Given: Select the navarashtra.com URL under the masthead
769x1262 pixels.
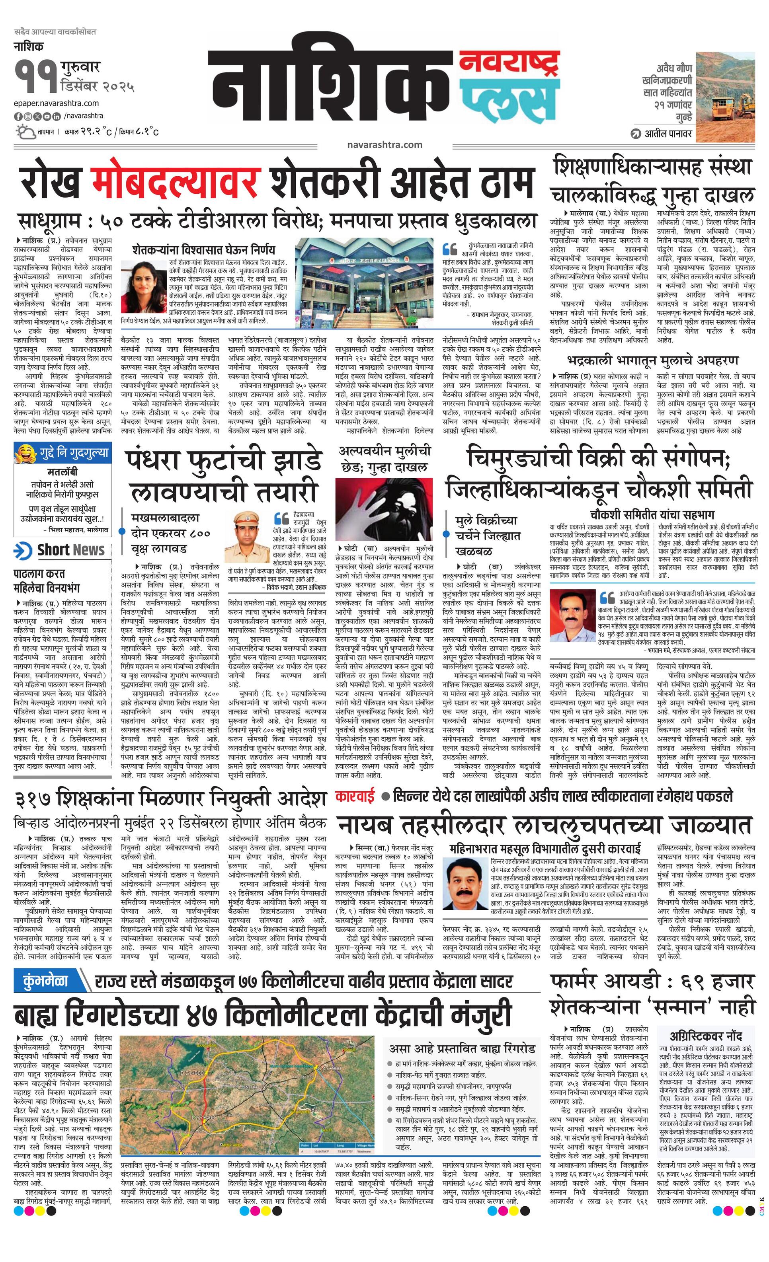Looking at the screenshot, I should click(384, 144).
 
